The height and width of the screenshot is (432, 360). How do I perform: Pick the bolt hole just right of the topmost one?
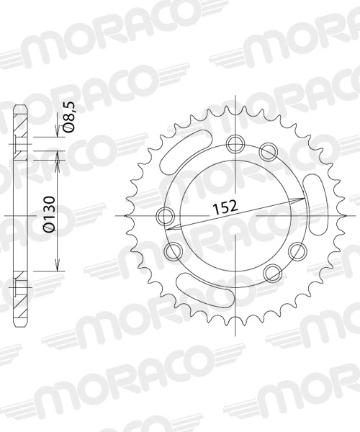click(x=269, y=151)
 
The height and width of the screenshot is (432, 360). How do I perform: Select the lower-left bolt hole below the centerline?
click(x=174, y=250)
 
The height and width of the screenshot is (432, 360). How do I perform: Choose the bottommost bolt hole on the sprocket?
click(x=271, y=272)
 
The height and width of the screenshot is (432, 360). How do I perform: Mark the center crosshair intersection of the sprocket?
click(x=237, y=215)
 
